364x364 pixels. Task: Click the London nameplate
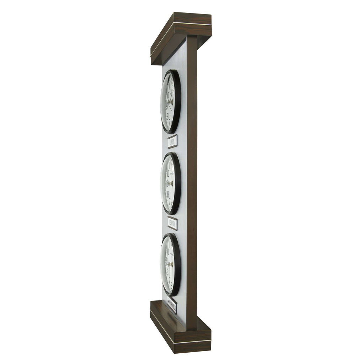(x=172, y=141)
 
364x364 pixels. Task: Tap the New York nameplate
(x=172, y=223)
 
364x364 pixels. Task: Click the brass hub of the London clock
(x=171, y=102)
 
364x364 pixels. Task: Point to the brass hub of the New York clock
(x=171, y=183)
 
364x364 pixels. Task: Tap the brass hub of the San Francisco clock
(x=171, y=264)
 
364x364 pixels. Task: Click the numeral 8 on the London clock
(x=168, y=116)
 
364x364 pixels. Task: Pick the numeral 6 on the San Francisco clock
(x=172, y=284)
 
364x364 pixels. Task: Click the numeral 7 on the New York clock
(x=170, y=201)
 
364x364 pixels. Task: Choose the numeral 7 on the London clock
(x=170, y=121)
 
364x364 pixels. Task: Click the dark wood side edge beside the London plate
(x=192, y=142)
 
